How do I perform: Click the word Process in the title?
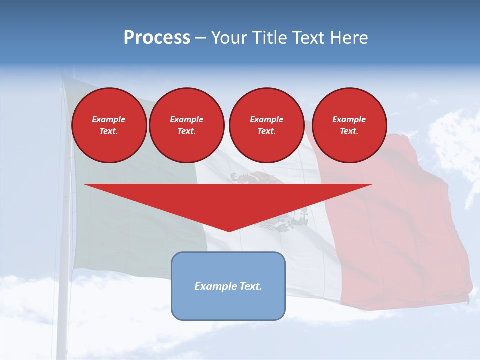click(157, 38)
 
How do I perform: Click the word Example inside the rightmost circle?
click(349, 119)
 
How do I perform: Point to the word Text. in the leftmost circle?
click(109, 131)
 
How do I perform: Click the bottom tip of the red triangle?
click(229, 230)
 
